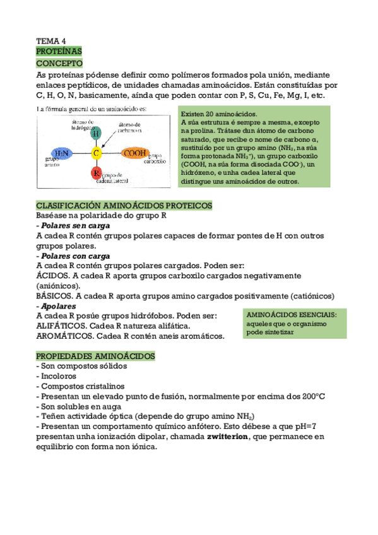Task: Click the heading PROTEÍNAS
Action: (x=59, y=50)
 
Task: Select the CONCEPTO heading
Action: (x=59, y=64)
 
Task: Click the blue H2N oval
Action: (x=62, y=153)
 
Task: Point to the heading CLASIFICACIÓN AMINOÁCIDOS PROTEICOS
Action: (x=124, y=206)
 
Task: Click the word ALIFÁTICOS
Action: (x=61, y=326)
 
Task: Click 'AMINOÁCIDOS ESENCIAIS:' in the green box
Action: (x=292, y=314)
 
